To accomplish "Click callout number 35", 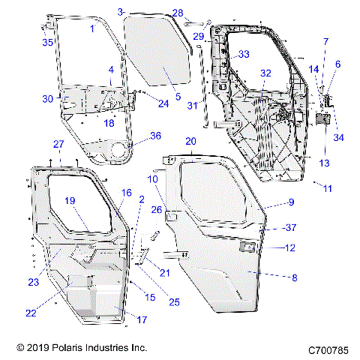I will pos(47,43).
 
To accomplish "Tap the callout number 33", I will pos(244,55).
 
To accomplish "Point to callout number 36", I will pos(156,136).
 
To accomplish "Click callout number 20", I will pos(190,141).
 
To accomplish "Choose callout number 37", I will pos(292,228).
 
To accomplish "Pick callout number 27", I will pos(58,143).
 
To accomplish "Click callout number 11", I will pos(326,188).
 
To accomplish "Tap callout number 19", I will pos(70,200).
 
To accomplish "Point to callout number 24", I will pos(163,103).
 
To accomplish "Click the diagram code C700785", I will pos(329,349).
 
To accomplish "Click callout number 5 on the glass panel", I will pos(178,97).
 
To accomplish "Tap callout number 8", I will pos(294,277).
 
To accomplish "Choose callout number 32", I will pos(265,73).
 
